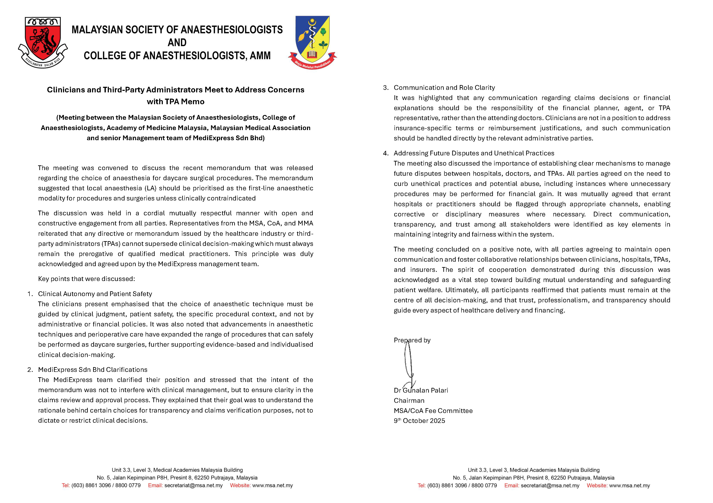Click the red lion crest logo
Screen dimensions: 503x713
tap(43, 42)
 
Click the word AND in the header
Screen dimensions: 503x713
tap(177, 43)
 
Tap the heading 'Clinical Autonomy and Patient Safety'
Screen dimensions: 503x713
tap(95, 294)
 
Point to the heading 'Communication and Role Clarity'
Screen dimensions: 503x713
tap(444, 88)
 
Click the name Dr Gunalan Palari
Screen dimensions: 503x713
tap(421, 390)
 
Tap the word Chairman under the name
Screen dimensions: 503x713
tap(409, 401)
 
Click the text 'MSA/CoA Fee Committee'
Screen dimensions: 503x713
tap(433, 411)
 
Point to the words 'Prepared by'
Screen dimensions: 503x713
tap(412, 340)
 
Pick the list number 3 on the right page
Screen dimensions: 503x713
tap(385, 88)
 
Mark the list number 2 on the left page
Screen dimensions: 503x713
tap(30, 370)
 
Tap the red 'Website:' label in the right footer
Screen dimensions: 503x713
tap(597, 486)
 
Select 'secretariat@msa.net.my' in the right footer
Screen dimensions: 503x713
tap(550, 486)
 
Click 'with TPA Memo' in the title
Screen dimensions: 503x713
tap(176, 102)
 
